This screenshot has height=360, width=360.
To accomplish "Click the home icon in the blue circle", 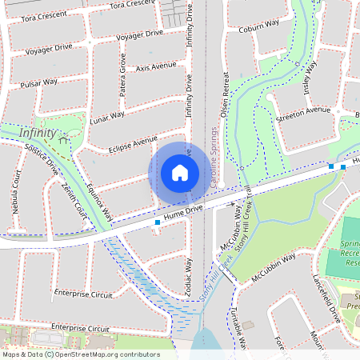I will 180,172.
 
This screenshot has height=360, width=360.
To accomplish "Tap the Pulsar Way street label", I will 40,82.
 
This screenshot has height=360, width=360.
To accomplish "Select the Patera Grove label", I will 122,75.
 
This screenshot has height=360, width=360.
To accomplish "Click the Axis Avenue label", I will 156,66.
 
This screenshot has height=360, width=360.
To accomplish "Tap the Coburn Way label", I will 257,29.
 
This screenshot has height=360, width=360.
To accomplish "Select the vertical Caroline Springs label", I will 216,156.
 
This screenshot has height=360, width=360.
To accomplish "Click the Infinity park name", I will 38,133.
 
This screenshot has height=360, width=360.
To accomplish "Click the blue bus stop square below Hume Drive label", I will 157,223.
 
